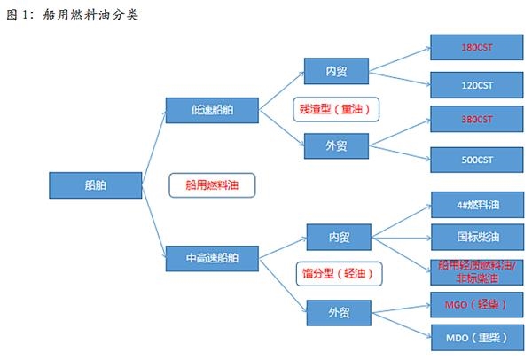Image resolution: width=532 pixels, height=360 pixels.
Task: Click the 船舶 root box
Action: [87, 186]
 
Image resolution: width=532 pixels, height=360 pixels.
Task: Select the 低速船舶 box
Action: [212, 110]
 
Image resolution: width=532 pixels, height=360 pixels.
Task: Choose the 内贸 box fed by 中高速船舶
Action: [339, 238]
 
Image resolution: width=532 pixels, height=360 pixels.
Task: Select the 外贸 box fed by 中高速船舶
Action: [339, 312]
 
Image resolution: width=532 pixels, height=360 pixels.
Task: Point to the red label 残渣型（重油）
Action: [336, 109]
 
